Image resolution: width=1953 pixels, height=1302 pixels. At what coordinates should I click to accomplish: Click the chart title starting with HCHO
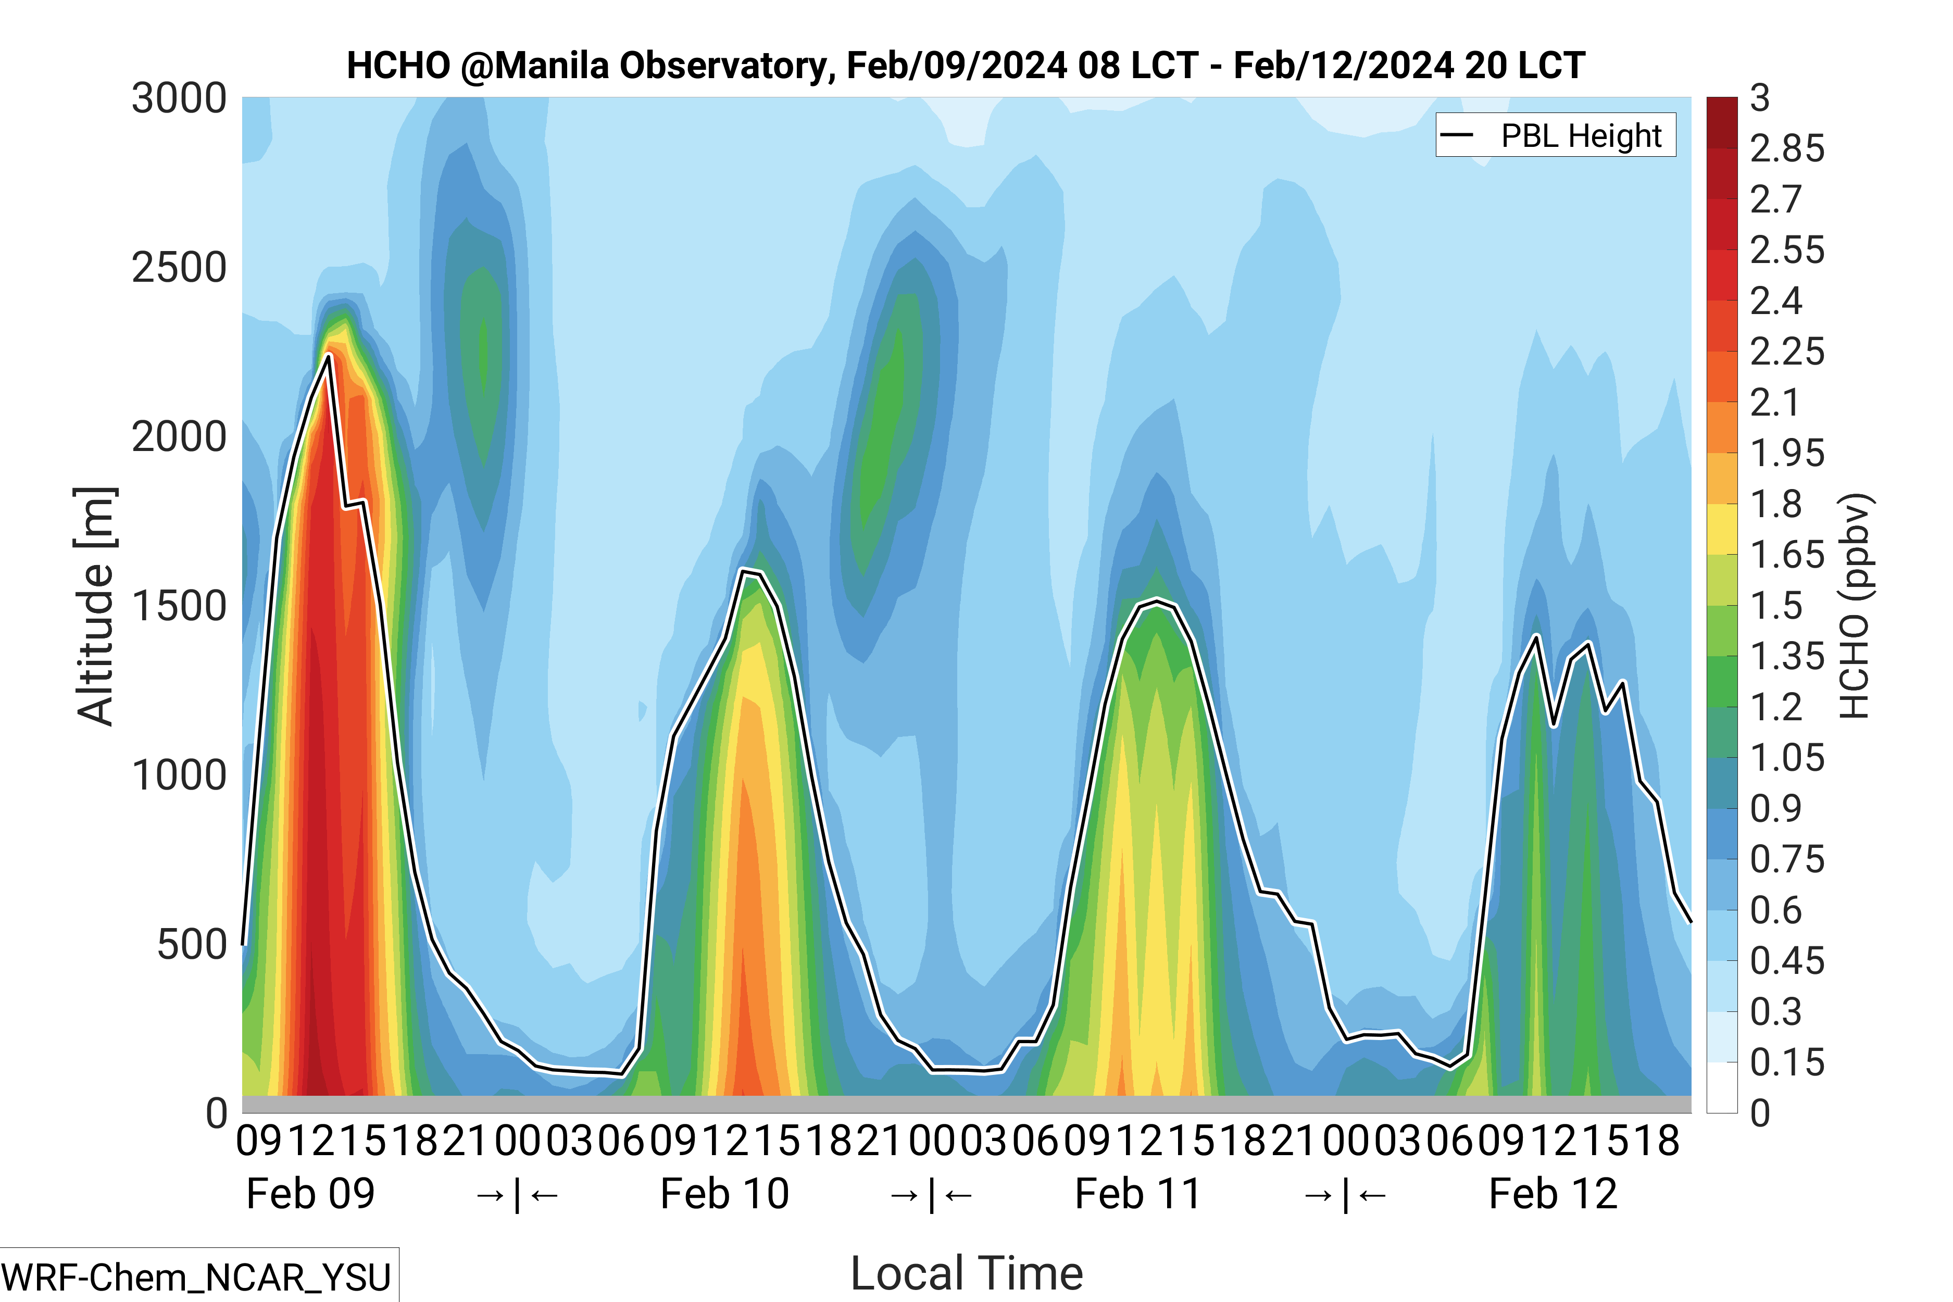pos(965,66)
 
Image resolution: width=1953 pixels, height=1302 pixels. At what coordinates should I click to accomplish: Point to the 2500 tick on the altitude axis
pos(179,267)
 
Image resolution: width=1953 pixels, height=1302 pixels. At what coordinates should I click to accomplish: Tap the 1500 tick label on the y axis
pos(179,606)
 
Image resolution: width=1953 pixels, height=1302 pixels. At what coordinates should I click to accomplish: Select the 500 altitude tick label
pos(191,944)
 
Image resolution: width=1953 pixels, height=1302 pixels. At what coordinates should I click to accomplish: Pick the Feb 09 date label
pos(310,1194)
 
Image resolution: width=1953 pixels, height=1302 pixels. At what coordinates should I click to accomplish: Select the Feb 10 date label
pos(724,1194)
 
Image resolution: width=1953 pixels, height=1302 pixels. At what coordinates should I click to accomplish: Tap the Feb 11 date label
pos(1137,1194)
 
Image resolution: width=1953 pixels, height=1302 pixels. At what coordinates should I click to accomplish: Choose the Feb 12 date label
pos(1553,1194)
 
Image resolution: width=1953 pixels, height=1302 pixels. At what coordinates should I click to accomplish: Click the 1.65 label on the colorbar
pos(1786,555)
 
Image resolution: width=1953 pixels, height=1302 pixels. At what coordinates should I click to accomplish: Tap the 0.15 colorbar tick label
pos(1786,1062)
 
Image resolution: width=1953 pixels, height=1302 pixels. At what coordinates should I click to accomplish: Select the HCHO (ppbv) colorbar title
pos(1854,606)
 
